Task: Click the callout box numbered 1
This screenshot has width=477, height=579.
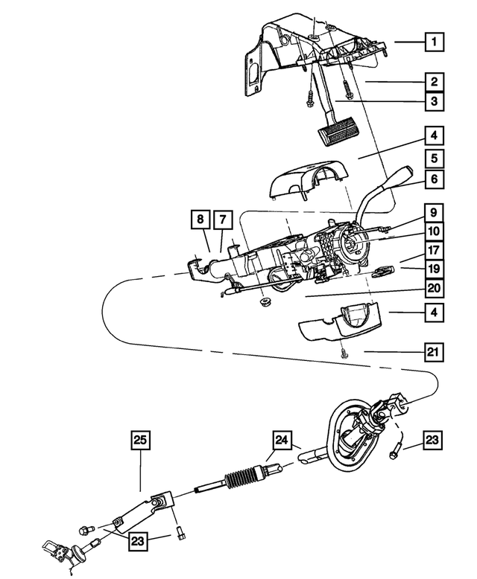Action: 432,42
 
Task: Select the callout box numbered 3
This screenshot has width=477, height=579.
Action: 432,100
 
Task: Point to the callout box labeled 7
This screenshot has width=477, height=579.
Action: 222,220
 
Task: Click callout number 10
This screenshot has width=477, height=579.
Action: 432,231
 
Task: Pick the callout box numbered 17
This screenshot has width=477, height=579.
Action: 432,250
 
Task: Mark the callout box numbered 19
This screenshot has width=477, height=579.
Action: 432,269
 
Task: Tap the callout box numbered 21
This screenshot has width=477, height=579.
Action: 432,350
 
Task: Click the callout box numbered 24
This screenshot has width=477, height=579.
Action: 280,441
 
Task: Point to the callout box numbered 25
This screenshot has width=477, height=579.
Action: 140,441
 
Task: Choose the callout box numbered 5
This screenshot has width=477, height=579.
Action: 432,158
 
